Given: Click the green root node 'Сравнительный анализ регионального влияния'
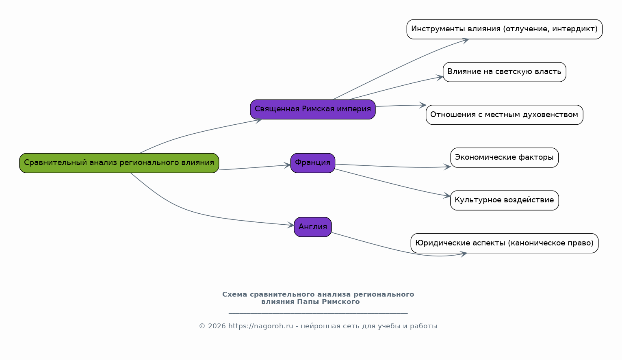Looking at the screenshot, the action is coord(119,163).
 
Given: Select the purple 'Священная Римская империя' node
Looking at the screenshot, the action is coord(313,109).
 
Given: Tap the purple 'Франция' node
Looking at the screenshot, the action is coord(313,163).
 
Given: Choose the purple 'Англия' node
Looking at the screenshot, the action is coord(313,227).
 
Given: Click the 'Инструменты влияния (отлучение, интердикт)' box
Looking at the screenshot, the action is coord(505,29).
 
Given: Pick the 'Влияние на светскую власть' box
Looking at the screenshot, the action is coord(505,72).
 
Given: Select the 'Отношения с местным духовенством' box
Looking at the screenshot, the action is coord(505,115).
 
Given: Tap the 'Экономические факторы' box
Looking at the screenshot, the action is coord(505,158).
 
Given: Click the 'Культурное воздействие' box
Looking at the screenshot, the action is coord(505,200).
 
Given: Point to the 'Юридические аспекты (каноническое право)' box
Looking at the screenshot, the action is coord(505,243).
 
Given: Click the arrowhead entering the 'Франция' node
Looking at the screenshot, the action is coord(287,165).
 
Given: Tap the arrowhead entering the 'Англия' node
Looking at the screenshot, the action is coord(291,225).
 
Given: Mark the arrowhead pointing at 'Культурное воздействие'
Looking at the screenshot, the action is coord(447,195).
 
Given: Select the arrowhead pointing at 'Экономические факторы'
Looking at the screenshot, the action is coord(447,167).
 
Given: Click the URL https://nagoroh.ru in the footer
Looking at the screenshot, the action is coord(260,326).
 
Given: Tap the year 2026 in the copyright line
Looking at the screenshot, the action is coord(217,326).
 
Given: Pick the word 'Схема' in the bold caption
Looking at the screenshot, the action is coord(235,295).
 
